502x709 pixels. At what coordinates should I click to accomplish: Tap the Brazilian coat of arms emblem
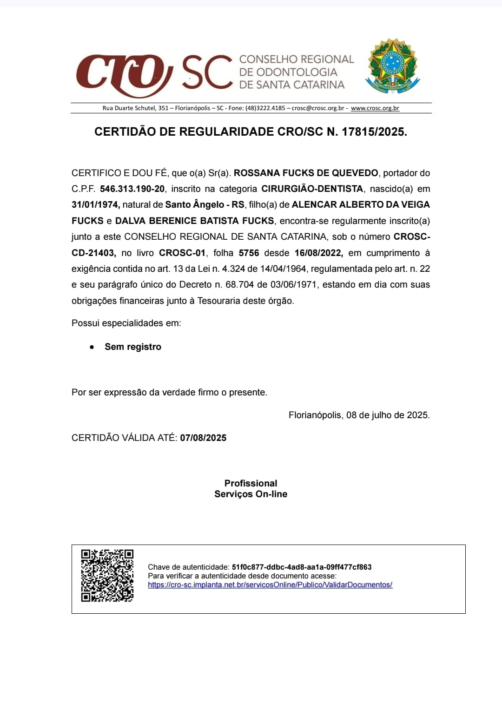pyautogui.click(x=393, y=66)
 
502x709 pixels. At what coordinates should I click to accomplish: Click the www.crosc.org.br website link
pyautogui.click(x=375, y=108)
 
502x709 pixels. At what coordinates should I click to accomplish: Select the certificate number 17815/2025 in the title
pyautogui.click(x=374, y=132)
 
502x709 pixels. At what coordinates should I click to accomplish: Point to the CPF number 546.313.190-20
pyautogui.click(x=132, y=189)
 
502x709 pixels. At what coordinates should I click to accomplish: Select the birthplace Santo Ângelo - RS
pyautogui.click(x=205, y=205)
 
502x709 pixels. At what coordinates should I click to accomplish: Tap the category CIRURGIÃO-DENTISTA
pyautogui.click(x=312, y=189)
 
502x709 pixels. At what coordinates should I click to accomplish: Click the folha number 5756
pyautogui.click(x=249, y=253)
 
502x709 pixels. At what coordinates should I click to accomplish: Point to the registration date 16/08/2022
pyautogui.click(x=318, y=253)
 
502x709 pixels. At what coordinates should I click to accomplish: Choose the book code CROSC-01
pyautogui.click(x=182, y=253)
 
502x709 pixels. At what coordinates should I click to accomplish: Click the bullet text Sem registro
pyautogui.click(x=133, y=347)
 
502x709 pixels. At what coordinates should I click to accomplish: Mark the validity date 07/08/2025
pyautogui.click(x=203, y=438)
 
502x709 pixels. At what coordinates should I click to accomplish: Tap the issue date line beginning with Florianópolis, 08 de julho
pyautogui.click(x=359, y=415)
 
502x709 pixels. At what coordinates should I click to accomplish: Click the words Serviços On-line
pyautogui.click(x=251, y=494)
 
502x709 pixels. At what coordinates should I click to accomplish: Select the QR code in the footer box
pyautogui.click(x=107, y=576)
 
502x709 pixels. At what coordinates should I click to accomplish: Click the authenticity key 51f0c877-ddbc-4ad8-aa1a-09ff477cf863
pyautogui.click(x=302, y=567)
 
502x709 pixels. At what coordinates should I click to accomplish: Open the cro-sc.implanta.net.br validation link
pyautogui.click(x=270, y=585)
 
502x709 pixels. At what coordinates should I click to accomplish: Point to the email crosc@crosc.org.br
pyautogui.click(x=318, y=108)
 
